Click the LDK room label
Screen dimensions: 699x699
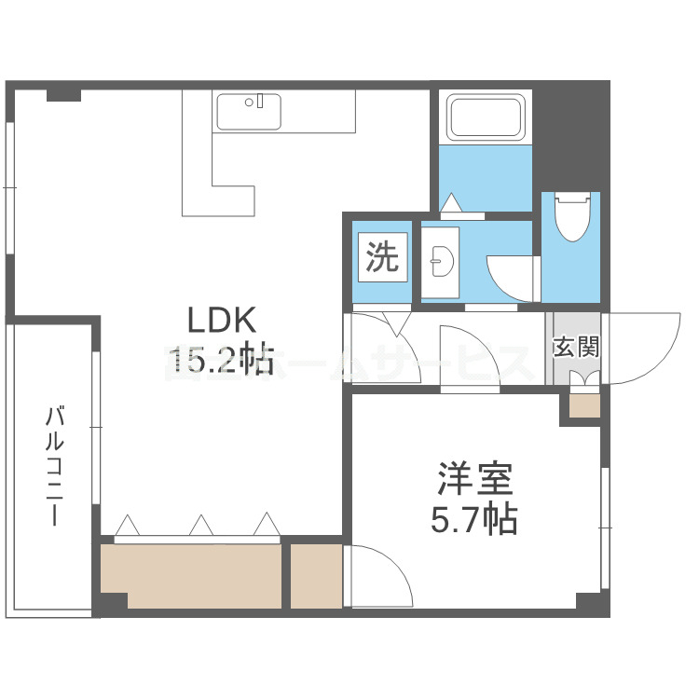(x=222, y=320)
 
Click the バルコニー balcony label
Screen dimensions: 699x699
(x=54, y=466)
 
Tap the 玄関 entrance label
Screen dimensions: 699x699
(x=575, y=348)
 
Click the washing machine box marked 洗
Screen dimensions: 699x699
(x=381, y=257)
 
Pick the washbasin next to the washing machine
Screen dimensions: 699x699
(x=439, y=264)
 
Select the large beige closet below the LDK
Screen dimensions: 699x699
(x=190, y=576)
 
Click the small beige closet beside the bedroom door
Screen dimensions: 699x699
(x=316, y=576)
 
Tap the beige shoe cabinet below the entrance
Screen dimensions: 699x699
(x=584, y=405)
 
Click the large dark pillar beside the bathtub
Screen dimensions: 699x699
(x=569, y=135)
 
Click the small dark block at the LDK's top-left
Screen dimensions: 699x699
(x=63, y=94)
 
